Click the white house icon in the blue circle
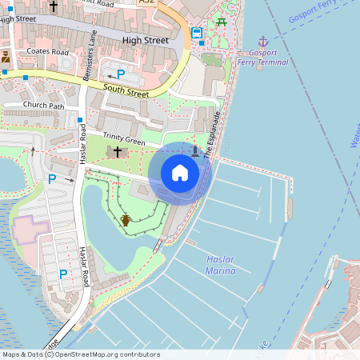pos(180,174)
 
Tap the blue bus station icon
pos(197,33)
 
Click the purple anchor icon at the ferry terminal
pos(262,42)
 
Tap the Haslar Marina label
pos(221,265)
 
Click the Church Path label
pos(43,105)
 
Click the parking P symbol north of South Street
pos(121,74)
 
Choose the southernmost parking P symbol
pos(63,274)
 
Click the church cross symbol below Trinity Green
pos(117,152)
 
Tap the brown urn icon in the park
pos(126,219)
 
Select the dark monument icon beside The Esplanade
pos(195,150)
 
